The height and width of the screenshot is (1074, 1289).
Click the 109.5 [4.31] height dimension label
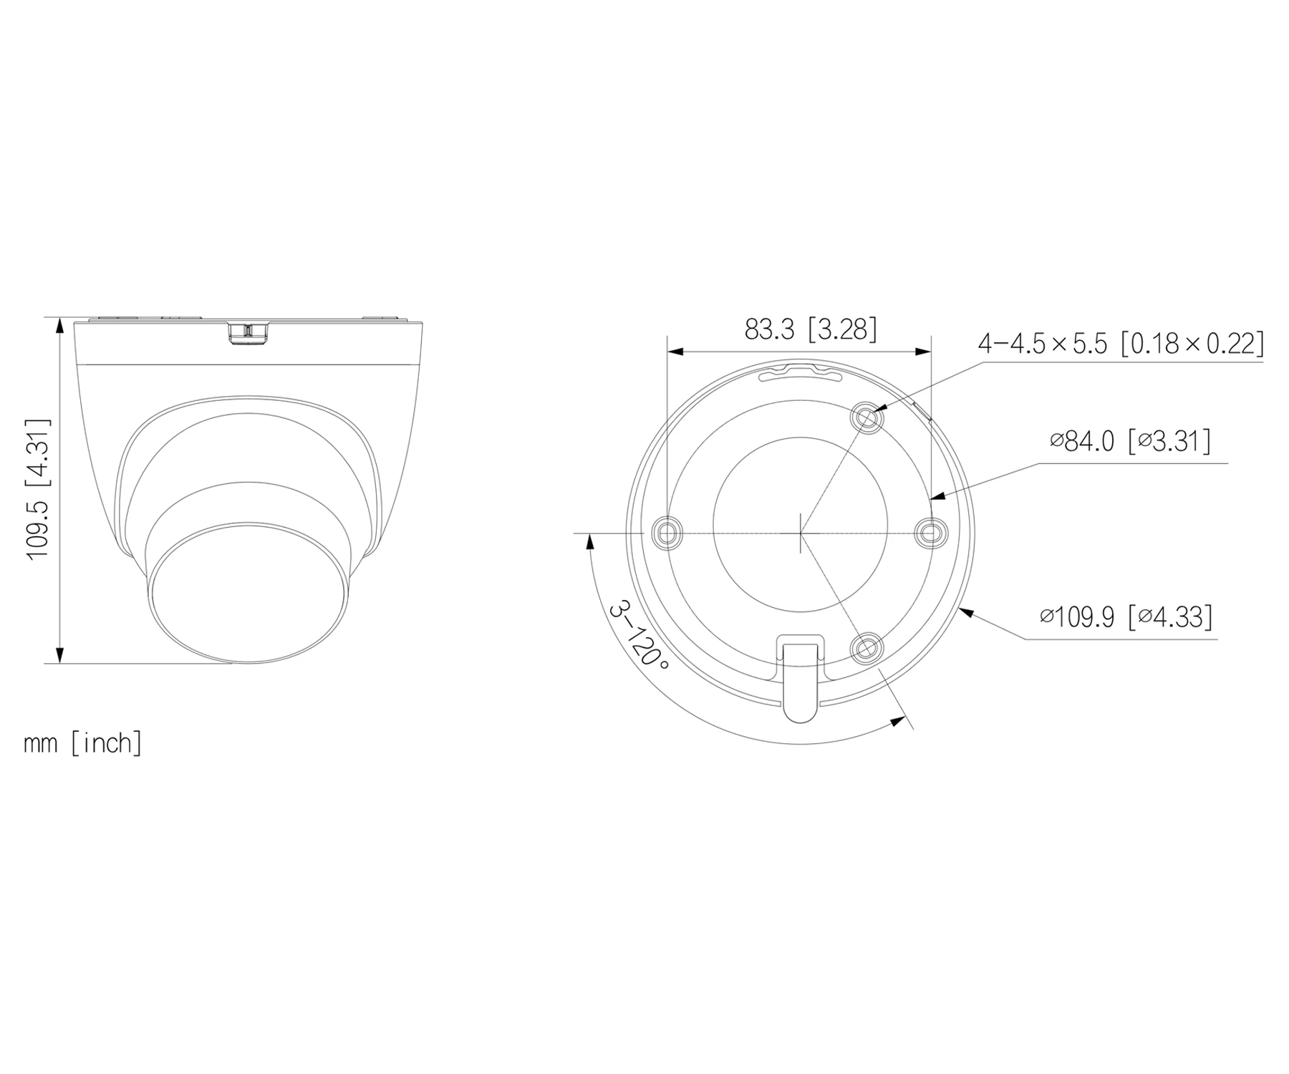point(38,490)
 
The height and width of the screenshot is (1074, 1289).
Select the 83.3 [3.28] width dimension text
point(810,329)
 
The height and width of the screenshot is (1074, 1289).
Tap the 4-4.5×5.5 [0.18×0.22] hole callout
point(1121,344)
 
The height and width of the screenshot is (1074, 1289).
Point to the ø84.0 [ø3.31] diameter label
point(1131,441)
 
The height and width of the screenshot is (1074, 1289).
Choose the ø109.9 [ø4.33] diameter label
point(1126,616)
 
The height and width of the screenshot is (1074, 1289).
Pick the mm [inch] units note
point(83,742)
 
